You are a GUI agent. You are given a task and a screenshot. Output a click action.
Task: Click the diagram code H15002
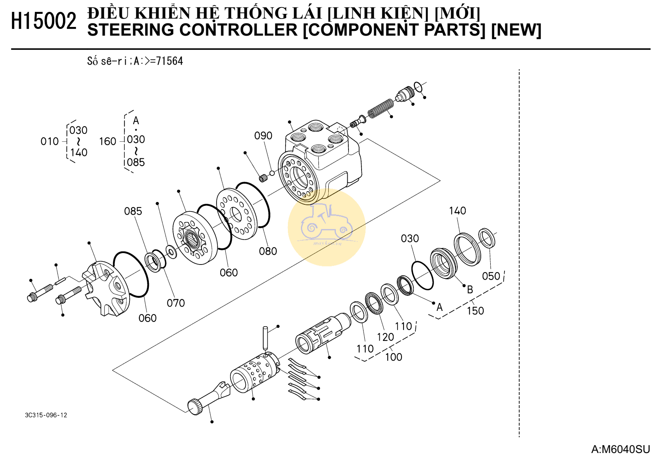[x=44, y=21]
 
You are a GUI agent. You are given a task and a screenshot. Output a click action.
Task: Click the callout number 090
[x=263, y=136]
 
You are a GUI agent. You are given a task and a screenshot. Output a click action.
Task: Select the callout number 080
[x=268, y=251]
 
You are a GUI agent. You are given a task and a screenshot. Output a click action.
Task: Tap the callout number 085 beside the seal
[x=133, y=211]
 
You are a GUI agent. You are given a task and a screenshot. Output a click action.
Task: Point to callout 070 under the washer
[x=175, y=303]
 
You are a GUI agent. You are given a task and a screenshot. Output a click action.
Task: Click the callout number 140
[x=457, y=211]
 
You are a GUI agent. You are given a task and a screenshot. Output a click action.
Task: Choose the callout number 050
[x=491, y=276]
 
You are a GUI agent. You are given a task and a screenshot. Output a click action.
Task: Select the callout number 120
[x=385, y=337]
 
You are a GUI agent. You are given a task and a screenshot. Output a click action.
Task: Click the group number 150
[x=475, y=311]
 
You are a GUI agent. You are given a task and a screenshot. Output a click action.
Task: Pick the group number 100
[x=393, y=357]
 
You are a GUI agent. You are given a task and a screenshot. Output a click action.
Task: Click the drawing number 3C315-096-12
[x=46, y=415]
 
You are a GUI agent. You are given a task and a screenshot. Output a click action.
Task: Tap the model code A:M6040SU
[x=620, y=449]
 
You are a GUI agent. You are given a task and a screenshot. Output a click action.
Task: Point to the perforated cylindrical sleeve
[x=253, y=372]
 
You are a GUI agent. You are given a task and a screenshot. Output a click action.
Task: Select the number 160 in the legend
[x=107, y=141]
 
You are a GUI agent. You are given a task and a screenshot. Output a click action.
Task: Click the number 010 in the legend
[x=49, y=141]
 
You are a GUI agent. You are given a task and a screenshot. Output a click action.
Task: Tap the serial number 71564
[x=169, y=61]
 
